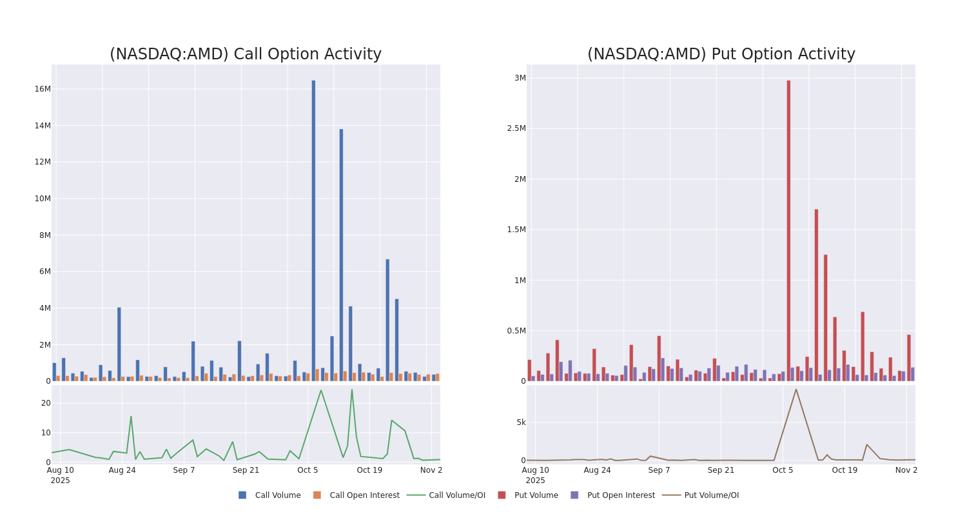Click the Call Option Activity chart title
(245, 54)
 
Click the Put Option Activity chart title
(721, 54)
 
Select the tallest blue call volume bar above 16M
(313, 230)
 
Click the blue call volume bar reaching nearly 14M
(341, 255)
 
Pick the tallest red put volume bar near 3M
(788, 230)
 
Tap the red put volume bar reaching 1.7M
(816, 295)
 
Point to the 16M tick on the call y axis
(42, 89)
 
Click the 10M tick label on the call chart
(42, 199)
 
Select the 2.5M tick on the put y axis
(516, 128)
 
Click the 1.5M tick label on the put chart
(516, 230)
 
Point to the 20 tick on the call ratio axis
(46, 403)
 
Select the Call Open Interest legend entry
(364, 495)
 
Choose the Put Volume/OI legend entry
(711, 495)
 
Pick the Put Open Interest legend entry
(620, 495)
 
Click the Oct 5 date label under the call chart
(308, 470)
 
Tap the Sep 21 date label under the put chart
(721, 470)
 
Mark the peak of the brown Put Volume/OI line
(796, 389)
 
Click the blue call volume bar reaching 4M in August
(119, 344)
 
